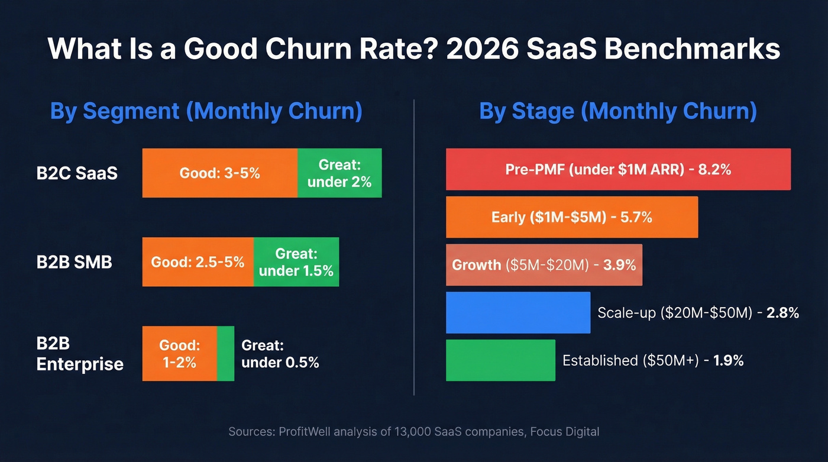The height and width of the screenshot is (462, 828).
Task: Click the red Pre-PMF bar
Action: [618, 169]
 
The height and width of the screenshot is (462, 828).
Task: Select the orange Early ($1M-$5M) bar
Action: [571, 217]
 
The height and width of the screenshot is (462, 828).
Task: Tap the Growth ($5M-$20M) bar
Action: [544, 264]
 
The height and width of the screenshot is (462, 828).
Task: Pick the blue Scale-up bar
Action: [517, 312]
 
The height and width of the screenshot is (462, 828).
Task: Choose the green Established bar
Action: [500, 360]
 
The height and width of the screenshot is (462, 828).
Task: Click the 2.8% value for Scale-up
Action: [782, 312]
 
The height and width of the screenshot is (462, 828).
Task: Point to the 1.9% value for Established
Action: [728, 360]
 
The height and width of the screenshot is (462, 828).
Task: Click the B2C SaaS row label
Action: [77, 173]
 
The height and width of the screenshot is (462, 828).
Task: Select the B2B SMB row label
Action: [74, 262]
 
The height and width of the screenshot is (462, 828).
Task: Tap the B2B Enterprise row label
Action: [80, 354]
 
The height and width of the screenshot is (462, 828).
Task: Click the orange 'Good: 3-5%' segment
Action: [219, 173]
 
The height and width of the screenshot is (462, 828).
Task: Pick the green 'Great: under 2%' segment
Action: [339, 173]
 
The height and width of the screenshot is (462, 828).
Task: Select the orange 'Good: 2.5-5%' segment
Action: [198, 262]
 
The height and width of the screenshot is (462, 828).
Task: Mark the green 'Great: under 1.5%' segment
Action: [296, 262]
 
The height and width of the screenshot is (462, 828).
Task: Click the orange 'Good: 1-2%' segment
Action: [179, 354]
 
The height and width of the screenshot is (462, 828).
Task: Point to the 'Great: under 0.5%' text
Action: [280, 354]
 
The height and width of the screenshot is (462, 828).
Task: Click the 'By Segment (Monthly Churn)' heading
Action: [206, 111]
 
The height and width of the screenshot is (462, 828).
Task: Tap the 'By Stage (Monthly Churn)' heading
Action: [617, 111]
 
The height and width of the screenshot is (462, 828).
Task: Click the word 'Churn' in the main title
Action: [307, 49]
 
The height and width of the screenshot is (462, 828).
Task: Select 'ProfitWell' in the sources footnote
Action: [304, 432]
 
